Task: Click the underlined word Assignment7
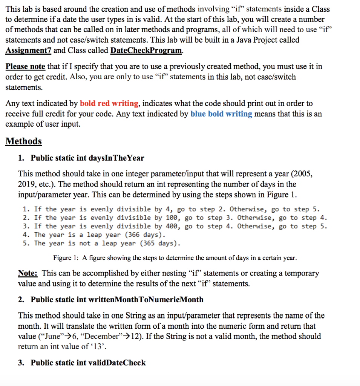(29, 51)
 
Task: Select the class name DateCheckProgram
(147, 51)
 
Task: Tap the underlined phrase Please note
(25, 67)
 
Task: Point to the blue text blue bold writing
(221, 114)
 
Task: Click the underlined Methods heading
(24, 141)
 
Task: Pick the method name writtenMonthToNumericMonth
(146, 300)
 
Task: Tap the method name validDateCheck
(116, 363)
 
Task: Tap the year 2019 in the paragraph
(28, 184)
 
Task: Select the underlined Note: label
(29, 273)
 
